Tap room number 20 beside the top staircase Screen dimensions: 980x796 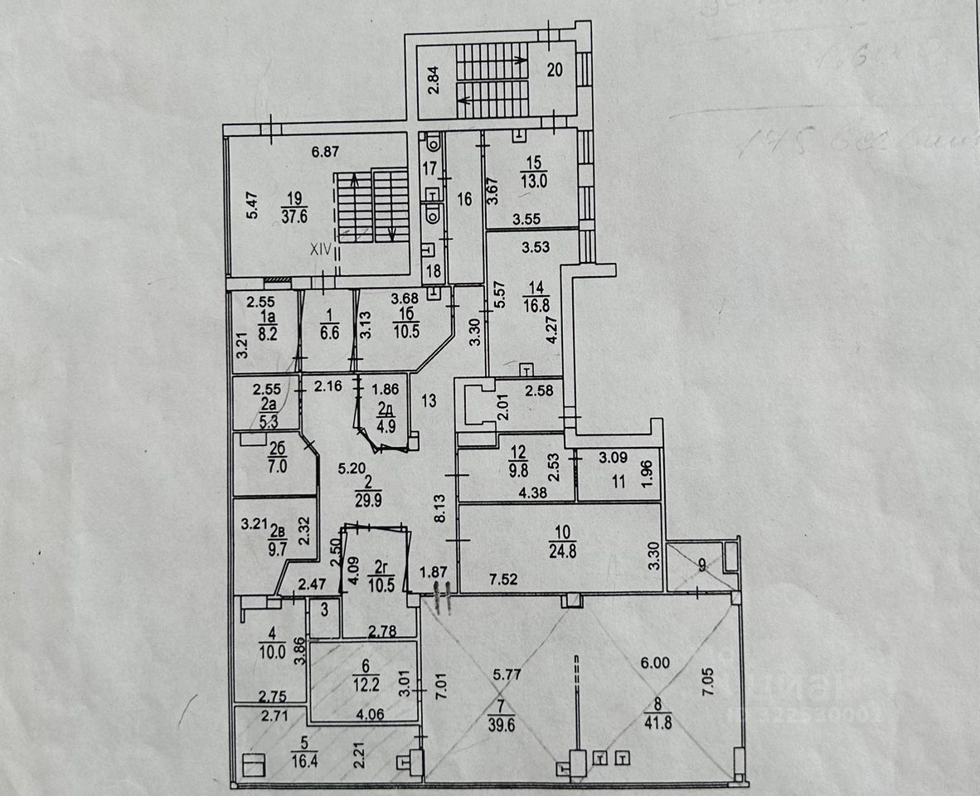pyautogui.click(x=555, y=70)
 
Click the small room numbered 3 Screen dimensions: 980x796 pyautogui.click(x=323, y=609)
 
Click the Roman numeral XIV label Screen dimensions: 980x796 pyautogui.click(x=320, y=247)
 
